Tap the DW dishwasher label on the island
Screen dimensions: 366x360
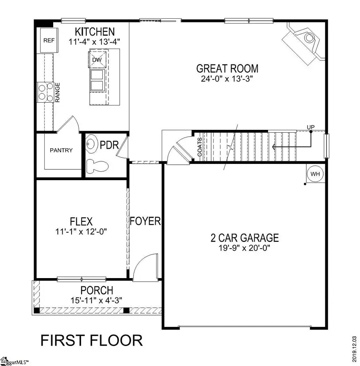[97, 60]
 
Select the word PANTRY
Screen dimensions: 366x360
[61, 150]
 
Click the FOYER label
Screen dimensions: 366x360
[145, 221]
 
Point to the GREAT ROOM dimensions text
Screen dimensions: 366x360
[227, 79]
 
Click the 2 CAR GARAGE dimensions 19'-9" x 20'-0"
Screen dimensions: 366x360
[244, 247]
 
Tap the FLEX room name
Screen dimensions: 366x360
[81, 221]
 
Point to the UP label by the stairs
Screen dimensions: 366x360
[310, 127]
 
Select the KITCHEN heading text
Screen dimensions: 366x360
[95, 32]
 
